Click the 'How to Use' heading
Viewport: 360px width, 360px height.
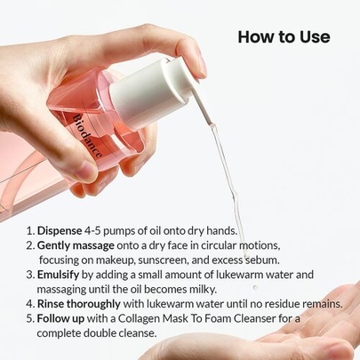[284, 37]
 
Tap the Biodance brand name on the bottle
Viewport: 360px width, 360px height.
[88, 135]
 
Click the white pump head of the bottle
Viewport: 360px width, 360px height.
[154, 90]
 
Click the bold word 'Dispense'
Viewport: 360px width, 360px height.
[60, 231]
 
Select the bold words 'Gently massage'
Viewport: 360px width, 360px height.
[76, 245]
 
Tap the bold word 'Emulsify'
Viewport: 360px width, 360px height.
[58, 275]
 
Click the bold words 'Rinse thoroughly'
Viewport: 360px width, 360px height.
[79, 304]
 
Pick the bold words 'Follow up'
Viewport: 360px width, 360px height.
[60, 318]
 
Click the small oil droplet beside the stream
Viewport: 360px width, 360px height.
[255, 287]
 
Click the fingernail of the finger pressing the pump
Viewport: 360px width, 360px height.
[203, 64]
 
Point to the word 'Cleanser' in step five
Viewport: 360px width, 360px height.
[254, 318]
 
